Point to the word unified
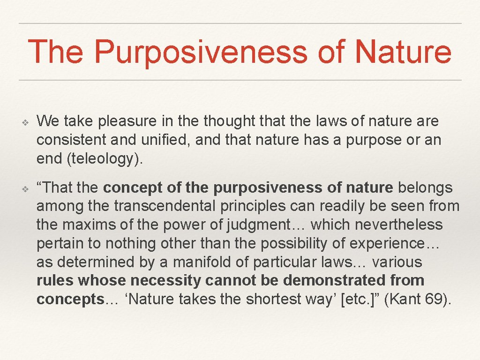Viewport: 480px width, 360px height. click(x=146, y=140)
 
